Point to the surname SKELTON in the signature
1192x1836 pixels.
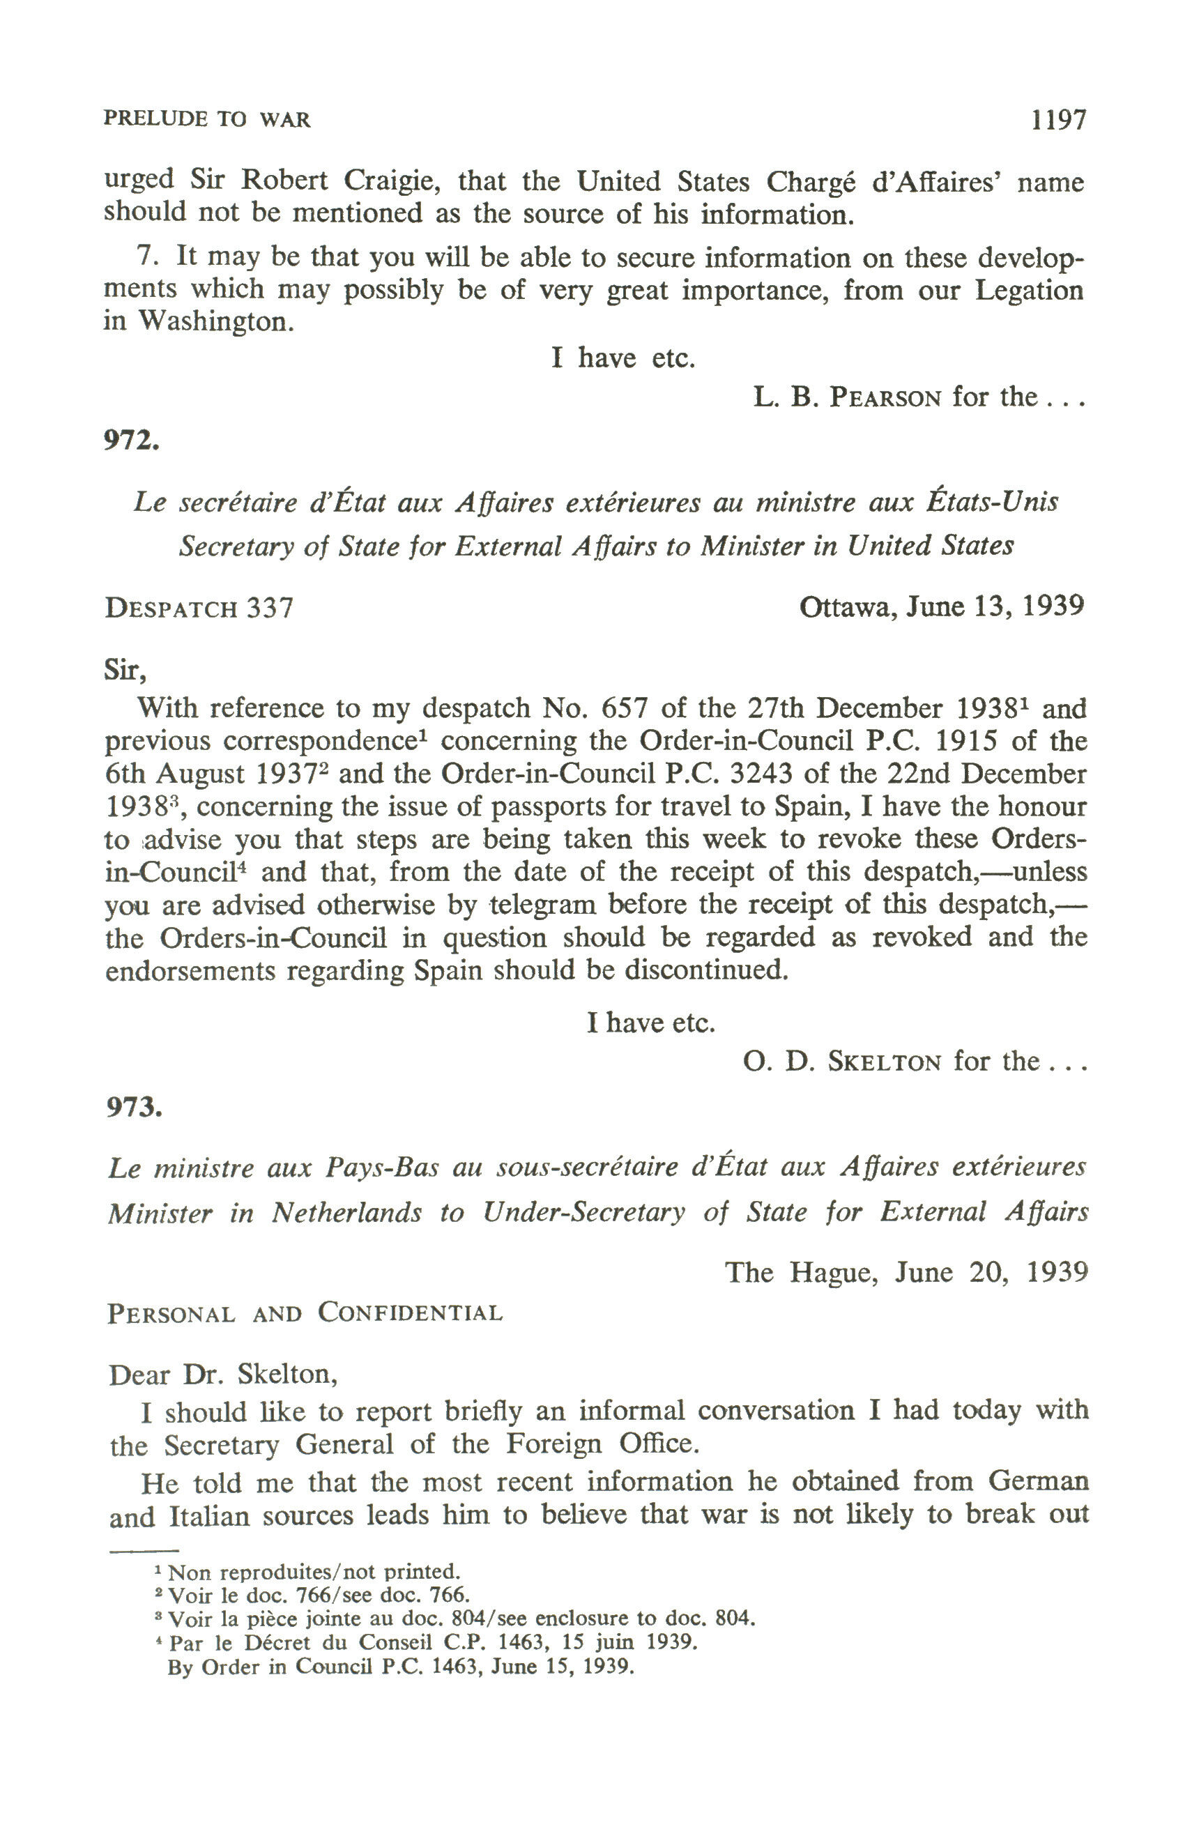click(884, 1063)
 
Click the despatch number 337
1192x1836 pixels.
click(270, 609)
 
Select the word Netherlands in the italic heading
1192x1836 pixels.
click(346, 1214)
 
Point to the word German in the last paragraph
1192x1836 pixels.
click(1038, 1481)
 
